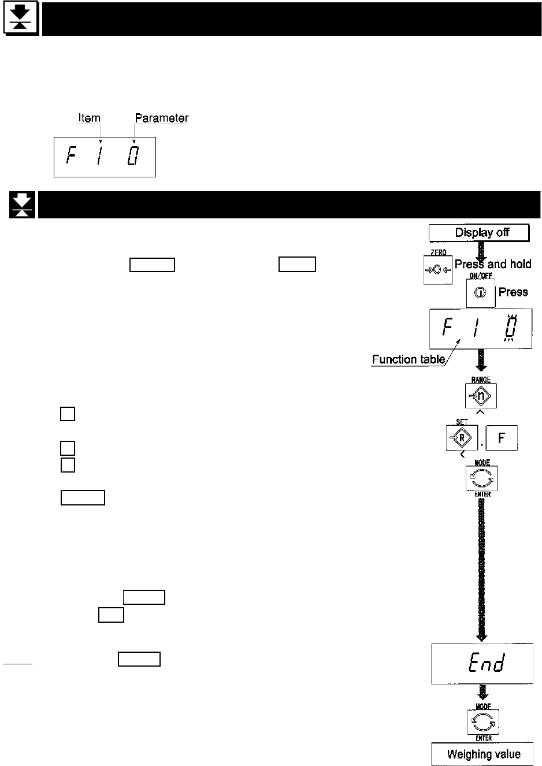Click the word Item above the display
pyautogui.click(x=89, y=118)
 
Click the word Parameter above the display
pyautogui.click(x=161, y=118)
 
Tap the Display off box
pyautogui.click(x=479, y=233)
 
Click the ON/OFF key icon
pyautogui.click(x=480, y=293)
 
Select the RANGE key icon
pyautogui.click(x=481, y=396)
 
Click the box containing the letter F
pyautogui.click(x=501, y=438)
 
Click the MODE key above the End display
pyautogui.click(x=482, y=478)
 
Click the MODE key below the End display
pyautogui.click(x=483, y=722)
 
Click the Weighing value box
pyautogui.click(x=483, y=754)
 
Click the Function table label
pyautogui.click(x=409, y=359)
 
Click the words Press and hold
pyautogui.click(x=493, y=264)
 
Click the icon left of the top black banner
pyautogui.click(x=21, y=19)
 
